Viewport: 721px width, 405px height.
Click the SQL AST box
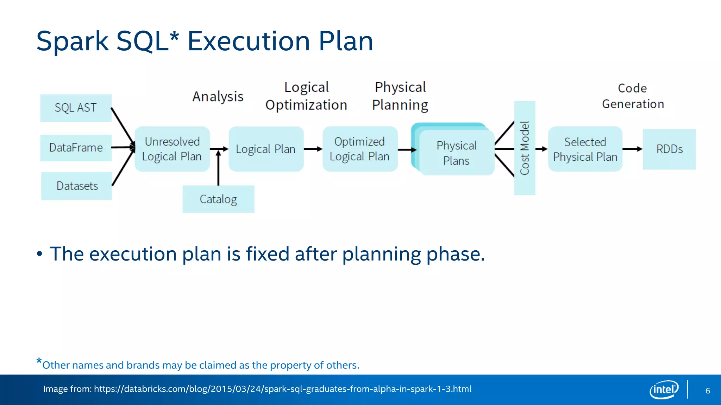click(x=76, y=108)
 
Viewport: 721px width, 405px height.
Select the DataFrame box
click(x=76, y=148)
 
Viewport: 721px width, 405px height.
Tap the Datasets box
click(x=77, y=186)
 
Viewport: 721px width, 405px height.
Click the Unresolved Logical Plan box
click(x=172, y=149)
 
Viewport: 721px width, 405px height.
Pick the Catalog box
click(x=218, y=199)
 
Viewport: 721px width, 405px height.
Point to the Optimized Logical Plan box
click(x=360, y=149)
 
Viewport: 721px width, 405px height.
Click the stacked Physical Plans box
click(x=456, y=153)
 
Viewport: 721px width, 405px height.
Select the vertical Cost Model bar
click(x=525, y=148)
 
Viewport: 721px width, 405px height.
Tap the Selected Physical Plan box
click(x=585, y=149)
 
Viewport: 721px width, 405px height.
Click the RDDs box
click(x=669, y=149)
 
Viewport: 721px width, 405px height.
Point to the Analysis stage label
click(x=218, y=97)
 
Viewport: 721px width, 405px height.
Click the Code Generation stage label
click(x=633, y=96)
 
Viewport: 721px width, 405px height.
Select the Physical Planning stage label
click(x=400, y=96)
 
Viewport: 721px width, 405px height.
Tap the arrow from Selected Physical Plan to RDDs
click(x=632, y=149)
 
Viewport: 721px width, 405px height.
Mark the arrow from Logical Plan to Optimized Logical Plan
click(x=313, y=149)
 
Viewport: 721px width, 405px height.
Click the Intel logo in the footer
click(x=664, y=390)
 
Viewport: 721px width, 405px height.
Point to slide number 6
click(x=708, y=391)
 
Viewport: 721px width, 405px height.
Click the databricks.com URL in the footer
click(x=282, y=389)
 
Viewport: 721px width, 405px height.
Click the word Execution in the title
click(x=248, y=41)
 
